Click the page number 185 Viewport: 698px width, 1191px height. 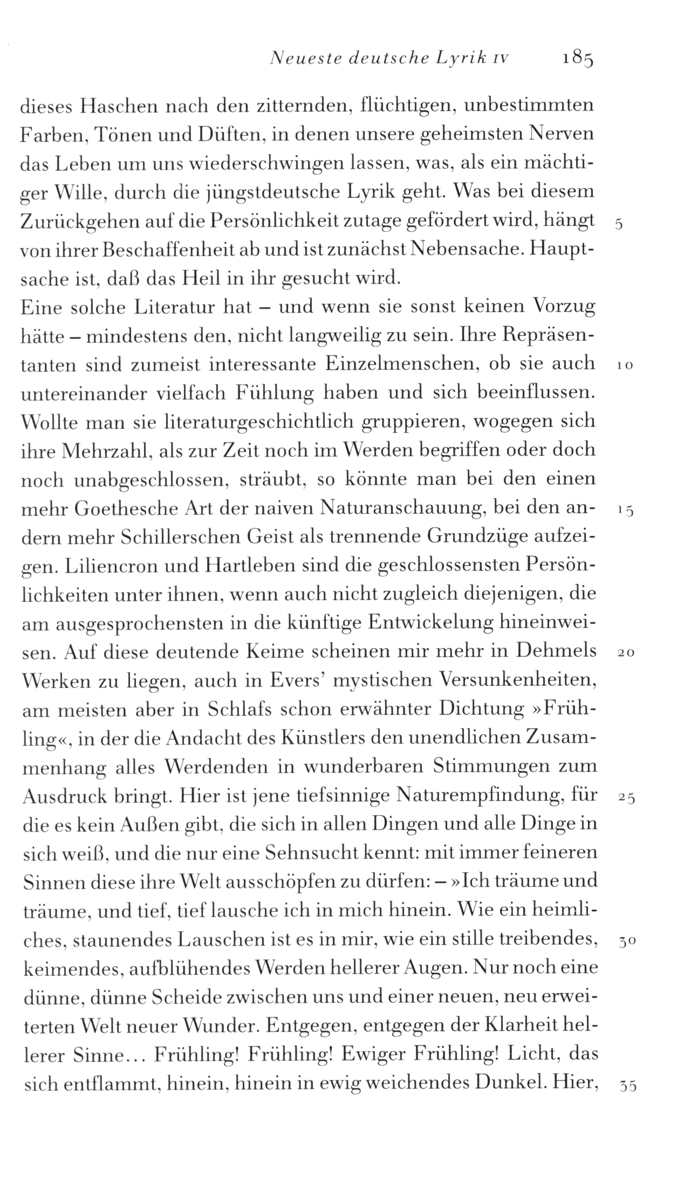tap(576, 58)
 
